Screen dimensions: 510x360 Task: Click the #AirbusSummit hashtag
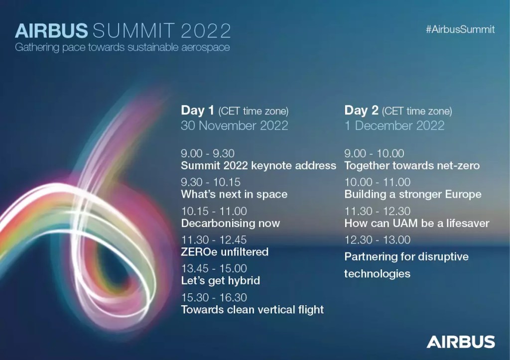tap(460, 29)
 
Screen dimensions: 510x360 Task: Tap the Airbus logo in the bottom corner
tap(461, 342)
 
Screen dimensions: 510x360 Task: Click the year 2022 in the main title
tap(206, 31)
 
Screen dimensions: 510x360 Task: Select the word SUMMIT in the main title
tap(133, 31)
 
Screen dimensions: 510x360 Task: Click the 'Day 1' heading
tap(197, 110)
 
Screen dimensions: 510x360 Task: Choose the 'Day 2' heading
tap(362, 110)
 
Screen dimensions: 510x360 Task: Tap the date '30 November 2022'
tap(235, 125)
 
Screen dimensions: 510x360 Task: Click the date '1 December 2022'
tap(394, 125)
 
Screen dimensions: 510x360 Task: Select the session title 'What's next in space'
tap(234, 194)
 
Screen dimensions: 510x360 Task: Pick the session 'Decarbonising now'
tap(230, 223)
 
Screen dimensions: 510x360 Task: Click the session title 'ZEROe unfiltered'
tap(225, 252)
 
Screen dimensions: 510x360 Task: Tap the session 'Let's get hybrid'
tap(221, 281)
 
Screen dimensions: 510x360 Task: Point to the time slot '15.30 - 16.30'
tap(214, 297)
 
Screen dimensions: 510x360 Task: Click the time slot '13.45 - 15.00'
tap(214, 268)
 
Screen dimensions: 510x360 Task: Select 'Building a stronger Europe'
tap(413, 194)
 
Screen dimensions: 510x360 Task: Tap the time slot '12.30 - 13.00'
tap(378, 240)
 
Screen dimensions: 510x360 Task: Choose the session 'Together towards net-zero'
tap(412, 165)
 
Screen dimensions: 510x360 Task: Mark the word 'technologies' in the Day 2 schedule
tap(378, 273)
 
